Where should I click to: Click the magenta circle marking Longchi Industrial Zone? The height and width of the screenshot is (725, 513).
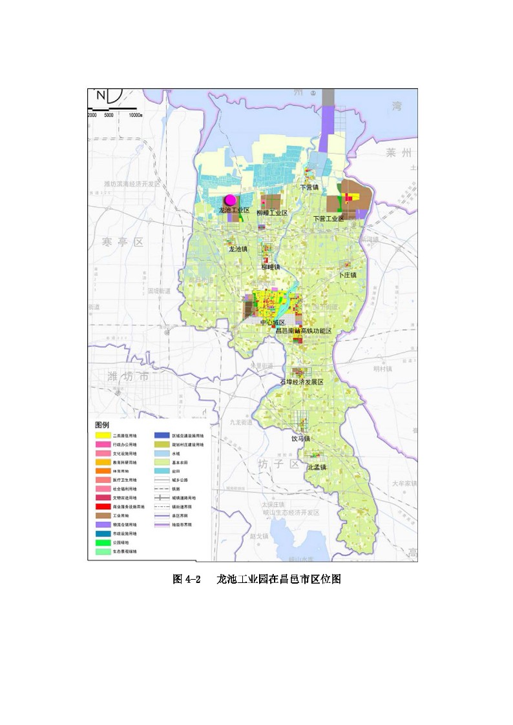pos(229,200)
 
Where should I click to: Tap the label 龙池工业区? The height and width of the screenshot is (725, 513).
pos(234,210)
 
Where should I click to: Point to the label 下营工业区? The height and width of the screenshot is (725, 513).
pos(328,219)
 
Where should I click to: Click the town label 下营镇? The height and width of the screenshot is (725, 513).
pos(309,187)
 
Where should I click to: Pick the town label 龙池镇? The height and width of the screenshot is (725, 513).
pos(236,249)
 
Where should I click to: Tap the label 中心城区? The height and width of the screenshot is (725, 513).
pos(272,322)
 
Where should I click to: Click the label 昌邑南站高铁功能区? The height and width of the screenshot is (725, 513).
pos(303,331)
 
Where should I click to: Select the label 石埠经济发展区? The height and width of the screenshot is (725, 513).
pos(301,382)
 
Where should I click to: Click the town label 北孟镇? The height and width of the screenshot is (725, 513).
pos(317,467)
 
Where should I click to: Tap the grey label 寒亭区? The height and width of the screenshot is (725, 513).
pos(122,242)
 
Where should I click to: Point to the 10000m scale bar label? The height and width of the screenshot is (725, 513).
pos(135,115)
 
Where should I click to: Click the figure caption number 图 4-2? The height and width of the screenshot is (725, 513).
pos(187,579)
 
